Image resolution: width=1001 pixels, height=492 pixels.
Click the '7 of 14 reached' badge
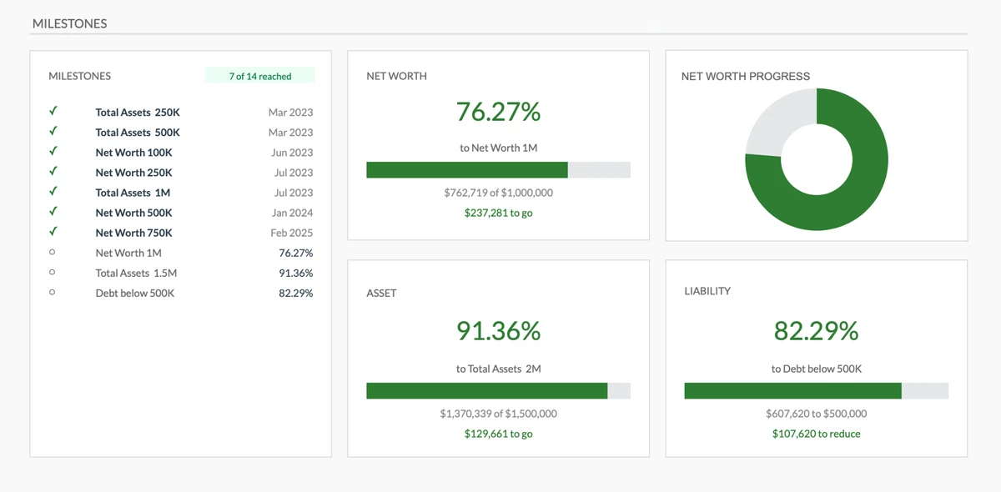tap(259, 76)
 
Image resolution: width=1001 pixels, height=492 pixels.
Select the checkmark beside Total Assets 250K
tap(53, 111)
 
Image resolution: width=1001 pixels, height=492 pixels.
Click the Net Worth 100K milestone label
tap(133, 153)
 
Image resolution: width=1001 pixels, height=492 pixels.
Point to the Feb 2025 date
tap(291, 233)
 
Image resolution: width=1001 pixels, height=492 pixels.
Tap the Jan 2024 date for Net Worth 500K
tap(292, 213)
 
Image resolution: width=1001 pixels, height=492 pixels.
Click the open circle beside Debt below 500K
tap(53, 293)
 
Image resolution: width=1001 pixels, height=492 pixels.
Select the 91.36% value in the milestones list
tap(295, 273)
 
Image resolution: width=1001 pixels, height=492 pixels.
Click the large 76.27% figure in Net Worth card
tap(498, 111)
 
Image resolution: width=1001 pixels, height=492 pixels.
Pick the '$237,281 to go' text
tap(498, 213)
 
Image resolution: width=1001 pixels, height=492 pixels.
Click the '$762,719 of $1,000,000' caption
tap(498, 193)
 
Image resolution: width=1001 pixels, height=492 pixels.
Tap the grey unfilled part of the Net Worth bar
tap(599, 170)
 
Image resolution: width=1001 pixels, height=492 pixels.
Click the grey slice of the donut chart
tap(776, 121)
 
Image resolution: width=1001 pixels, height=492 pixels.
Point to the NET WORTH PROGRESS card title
tap(745, 76)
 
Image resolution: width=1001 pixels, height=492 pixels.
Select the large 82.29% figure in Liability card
tap(816, 331)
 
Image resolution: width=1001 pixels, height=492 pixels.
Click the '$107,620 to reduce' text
tap(816, 434)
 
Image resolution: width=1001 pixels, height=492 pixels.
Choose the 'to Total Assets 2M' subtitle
tap(498, 369)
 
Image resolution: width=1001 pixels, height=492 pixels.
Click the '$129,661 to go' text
tap(498, 434)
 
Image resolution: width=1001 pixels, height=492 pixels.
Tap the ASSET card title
tap(381, 294)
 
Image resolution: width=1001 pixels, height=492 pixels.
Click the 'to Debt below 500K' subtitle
tap(816, 369)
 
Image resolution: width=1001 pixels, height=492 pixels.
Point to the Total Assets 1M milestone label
tap(133, 193)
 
